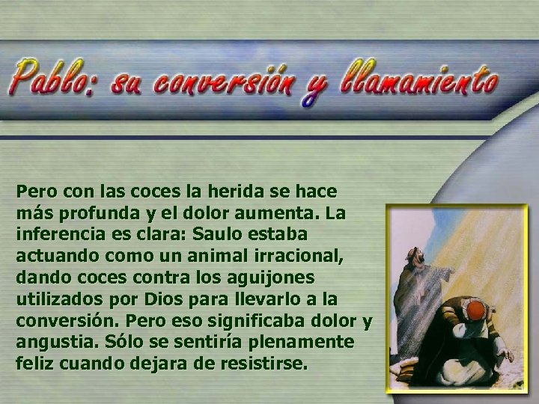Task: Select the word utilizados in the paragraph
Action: tap(58, 299)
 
